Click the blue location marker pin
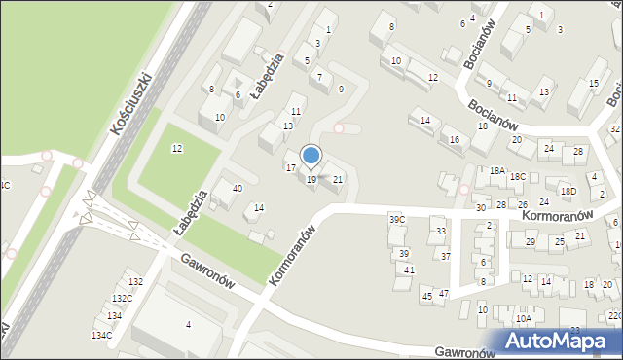[x=311, y=156]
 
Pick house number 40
[x=237, y=188]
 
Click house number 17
[x=290, y=168]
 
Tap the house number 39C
[x=397, y=220]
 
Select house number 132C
[x=122, y=299]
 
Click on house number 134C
[x=102, y=335]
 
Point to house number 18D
[x=568, y=192]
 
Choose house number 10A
[x=524, y=318]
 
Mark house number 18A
[x=497, y=170]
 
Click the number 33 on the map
[x=441, y=231]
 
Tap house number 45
[x=426, y=294]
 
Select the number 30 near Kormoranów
[x=481, y=208]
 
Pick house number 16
[x=454, y=140]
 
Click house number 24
[x=548, y=148]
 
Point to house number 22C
[x=614, y=315]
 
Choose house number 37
[x=446, y=256]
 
